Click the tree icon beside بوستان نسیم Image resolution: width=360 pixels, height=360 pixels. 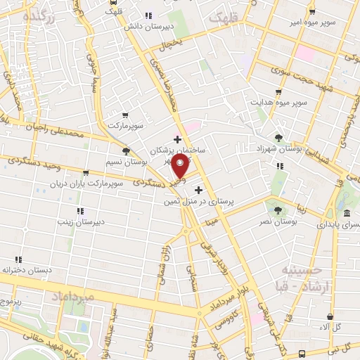tap(127, 150)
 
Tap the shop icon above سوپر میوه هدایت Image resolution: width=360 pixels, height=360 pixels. tap(279, 92)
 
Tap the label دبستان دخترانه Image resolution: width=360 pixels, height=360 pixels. tap(28, 270)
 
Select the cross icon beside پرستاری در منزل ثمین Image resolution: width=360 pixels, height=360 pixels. tap(199, 190)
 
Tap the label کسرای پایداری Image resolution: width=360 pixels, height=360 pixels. tap(337, 225)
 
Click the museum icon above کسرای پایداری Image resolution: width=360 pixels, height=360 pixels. tap(347, 214)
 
